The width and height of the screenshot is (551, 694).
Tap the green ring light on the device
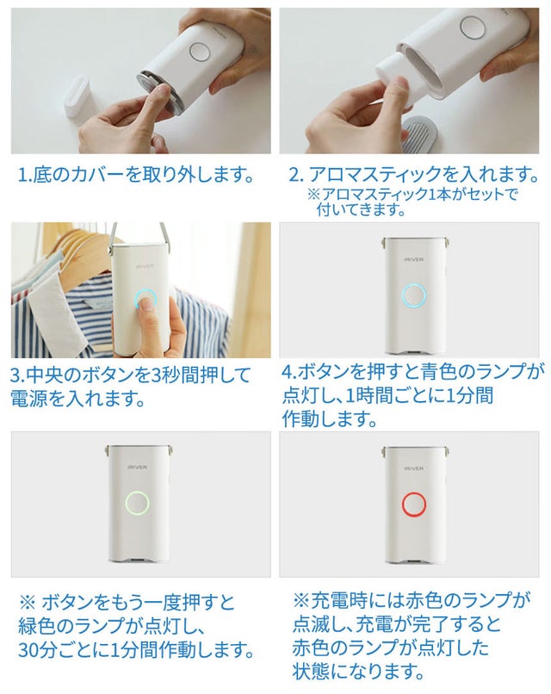pyautogui.click(x=127, y=503)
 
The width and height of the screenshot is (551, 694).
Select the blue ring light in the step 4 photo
pyautogui.click(x=403, y=295)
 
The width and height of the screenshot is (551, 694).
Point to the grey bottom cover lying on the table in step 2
pyautogui.click(x=419, y=132)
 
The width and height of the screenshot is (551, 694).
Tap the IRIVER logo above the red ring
pyautogui.click(x=414, y=468)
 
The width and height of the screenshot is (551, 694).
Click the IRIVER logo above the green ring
pyautogui.click(x=137, y=467)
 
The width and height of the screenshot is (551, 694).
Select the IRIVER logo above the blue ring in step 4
pyautogui.click(x=414, y=259)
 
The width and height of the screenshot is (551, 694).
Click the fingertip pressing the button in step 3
pyautogui.click(x=144, y=306)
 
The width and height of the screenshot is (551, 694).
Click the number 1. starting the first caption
pyautogui.click(x=25, y=175)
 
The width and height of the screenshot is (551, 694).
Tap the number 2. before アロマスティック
pyautogui.click(x=296, y=175)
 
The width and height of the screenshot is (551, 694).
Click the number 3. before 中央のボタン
pyautogui.click(x=18, y=375)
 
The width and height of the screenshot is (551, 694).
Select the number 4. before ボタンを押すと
pyautogui.click(x=289, y=372)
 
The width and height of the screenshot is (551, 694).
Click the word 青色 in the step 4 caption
pyautogui.click(x=428, y=372)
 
